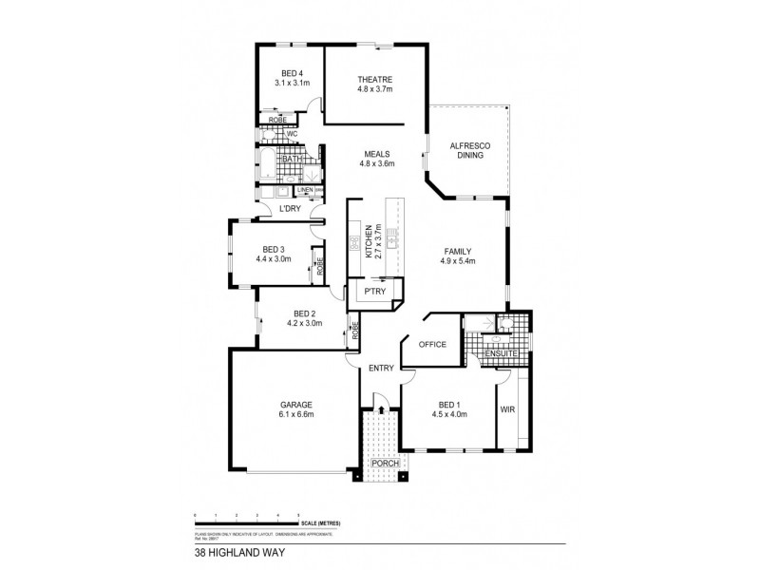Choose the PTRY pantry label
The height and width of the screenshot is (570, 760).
[x=375, y=292]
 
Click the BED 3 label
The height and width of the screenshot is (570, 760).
[x=274, y=251]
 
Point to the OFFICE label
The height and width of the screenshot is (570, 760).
[x=432, y=345]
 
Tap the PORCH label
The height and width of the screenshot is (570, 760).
[x=385, y=463]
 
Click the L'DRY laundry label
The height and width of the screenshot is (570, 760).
[x=291, y=208]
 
